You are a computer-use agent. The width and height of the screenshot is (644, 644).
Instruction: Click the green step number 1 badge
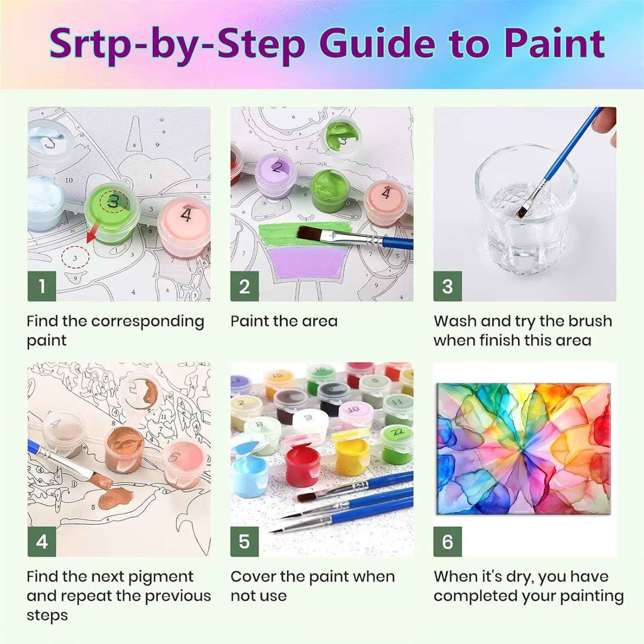42,286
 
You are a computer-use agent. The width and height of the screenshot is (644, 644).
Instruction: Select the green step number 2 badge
244,286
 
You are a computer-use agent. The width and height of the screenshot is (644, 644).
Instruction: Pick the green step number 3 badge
447,286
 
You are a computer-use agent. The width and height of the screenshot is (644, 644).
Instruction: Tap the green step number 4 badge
42,542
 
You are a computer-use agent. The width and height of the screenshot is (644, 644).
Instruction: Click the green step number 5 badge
244,542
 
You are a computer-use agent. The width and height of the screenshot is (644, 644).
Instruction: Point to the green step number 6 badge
447,542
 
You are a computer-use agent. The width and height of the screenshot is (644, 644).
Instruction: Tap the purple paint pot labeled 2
277,176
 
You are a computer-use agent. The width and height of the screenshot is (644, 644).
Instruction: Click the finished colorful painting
523,448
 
